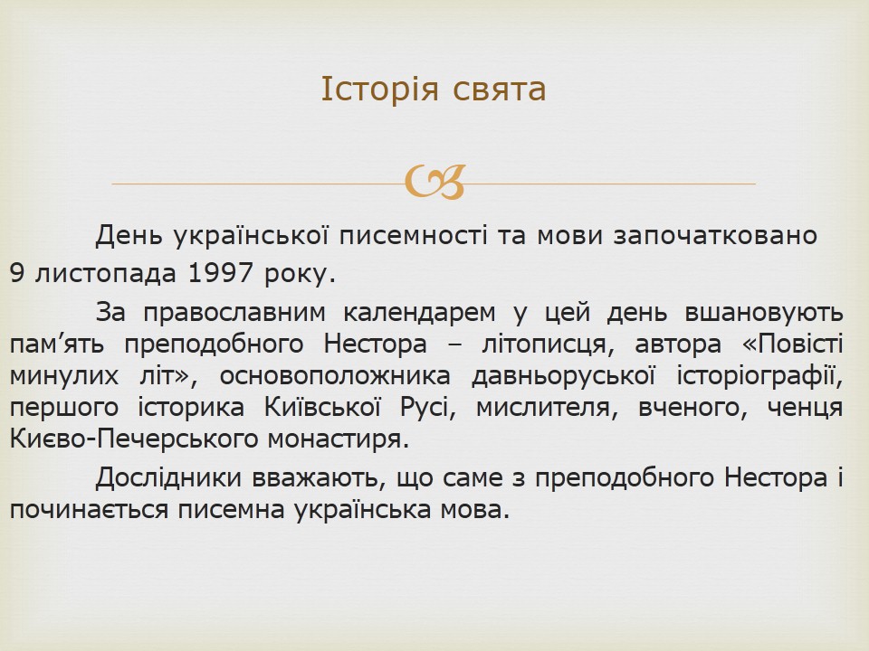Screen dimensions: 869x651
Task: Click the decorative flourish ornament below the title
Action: pyautogui.click(x=435, y=182)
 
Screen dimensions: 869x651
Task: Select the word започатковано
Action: pyautogui.click(x=715, y=236)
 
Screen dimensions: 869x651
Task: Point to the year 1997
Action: pyautogui.click(x=221, y=273)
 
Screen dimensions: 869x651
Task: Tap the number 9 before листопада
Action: pyautogui.click(x=16, y=273)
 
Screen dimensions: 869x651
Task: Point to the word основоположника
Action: pyautogui.click(x=335, y=376)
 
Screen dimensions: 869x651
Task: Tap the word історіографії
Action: pyautogui.click(x=759, y=376)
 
